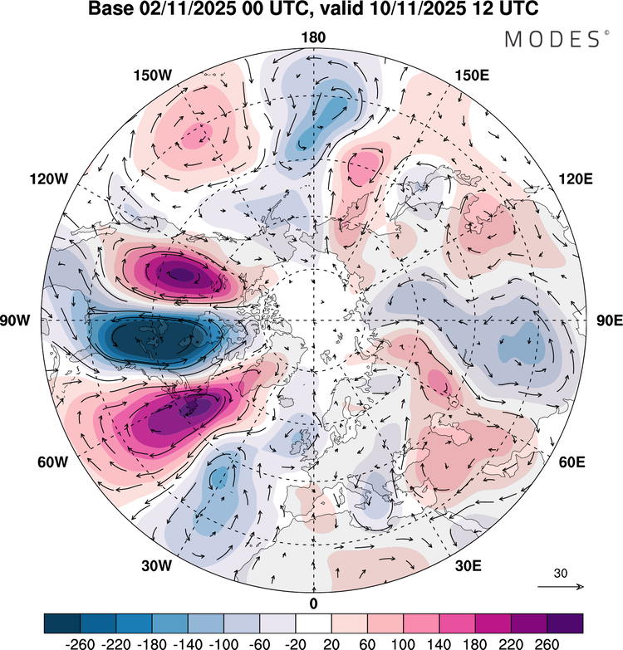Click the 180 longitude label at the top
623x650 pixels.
tap(313, 37)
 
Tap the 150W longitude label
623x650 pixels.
tap(152, 76)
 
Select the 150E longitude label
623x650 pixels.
tap(472, 76)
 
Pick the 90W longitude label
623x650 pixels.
tap(25, 320)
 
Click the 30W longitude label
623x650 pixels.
tap(155, 566)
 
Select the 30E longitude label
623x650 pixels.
tap(469, 566)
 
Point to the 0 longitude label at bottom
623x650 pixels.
tap(313, 603)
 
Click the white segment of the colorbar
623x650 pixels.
tap(313, 623)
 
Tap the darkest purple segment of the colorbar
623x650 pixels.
tap(565, 623)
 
